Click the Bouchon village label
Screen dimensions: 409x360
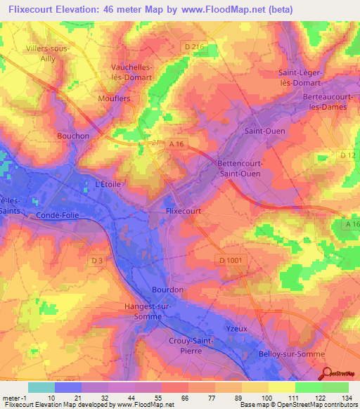click(72, 136)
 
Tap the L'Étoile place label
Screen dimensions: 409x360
click(108, 184)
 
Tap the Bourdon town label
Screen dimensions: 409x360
click(167, 290)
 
